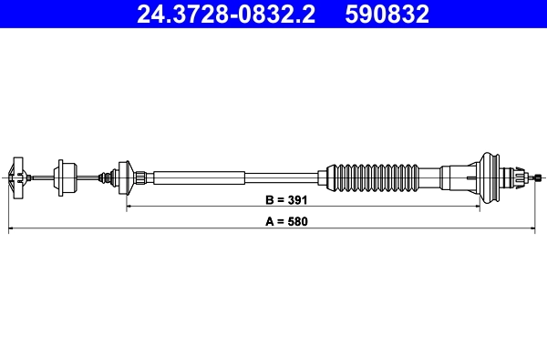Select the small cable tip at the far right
[540, 177]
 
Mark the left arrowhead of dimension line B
[129, 207]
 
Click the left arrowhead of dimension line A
[11, 230]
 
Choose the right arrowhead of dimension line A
[542, 230]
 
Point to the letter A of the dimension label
[269, 220]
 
